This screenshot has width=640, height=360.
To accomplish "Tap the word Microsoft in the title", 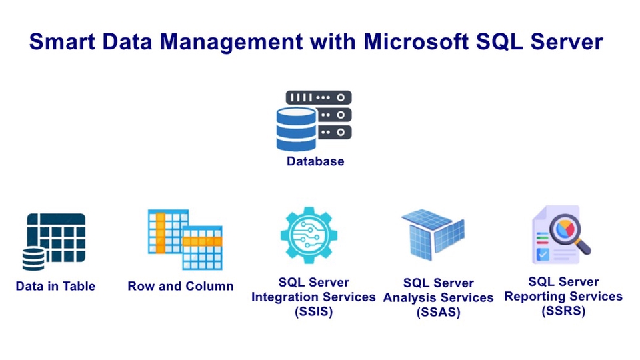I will (x=407, y=42).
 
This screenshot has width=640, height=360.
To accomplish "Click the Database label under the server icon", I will (x=315, y=161).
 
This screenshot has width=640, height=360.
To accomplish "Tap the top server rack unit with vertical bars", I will (x=319, y=97).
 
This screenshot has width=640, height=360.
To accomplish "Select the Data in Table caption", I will (x=55, y=286).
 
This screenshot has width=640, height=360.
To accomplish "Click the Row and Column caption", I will (x=181, y=286).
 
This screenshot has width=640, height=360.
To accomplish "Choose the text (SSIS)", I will (x=313, y=311).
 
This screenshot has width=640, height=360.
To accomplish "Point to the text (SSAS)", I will (x=438, y=312).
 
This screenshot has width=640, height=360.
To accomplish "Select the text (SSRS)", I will (x=563, y=311).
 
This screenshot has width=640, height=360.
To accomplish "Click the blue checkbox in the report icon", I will (x=543, y=254).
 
